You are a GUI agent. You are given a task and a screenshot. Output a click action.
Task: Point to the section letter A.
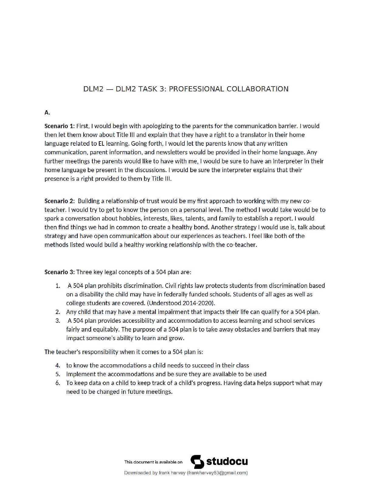click(x=47, y=113)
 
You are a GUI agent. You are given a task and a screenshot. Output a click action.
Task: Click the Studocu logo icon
click(x=197, y=462)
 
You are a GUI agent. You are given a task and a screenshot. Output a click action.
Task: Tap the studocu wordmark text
click(x=227, y=462)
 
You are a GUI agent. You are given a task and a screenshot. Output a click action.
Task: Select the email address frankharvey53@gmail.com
click(x=217, y=473)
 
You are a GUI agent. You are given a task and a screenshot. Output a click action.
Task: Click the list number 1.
click(x=57, y=286)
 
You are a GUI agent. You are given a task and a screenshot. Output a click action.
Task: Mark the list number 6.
click(x=57, y=383)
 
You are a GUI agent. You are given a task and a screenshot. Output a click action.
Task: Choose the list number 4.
click(x=57, y=366)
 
